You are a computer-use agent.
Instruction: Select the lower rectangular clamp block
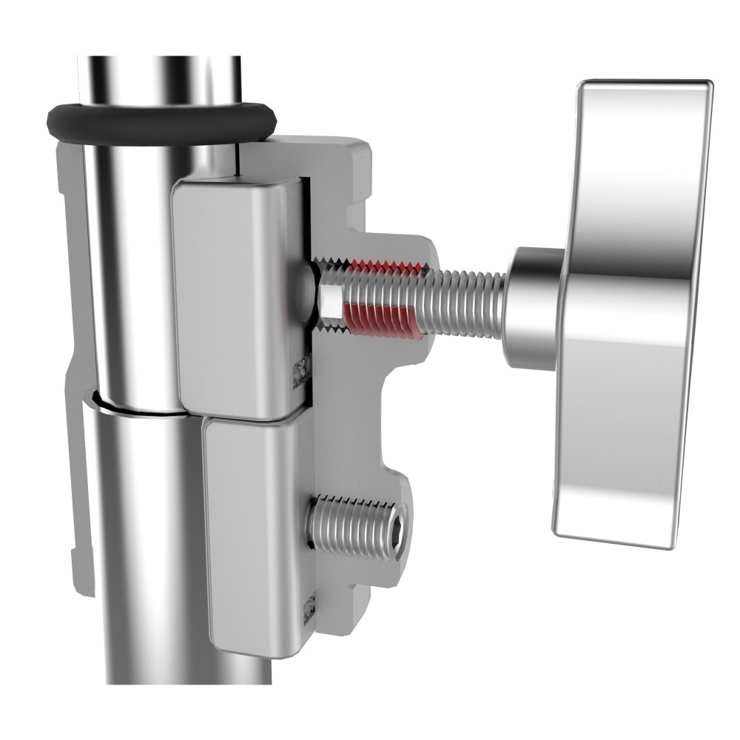pyautogui.click(x=252, y=533)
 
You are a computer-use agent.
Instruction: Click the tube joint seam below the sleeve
pyautogui.click(x=137, y=405)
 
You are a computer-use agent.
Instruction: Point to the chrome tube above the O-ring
pyautogui.click(x=159, y=78)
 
